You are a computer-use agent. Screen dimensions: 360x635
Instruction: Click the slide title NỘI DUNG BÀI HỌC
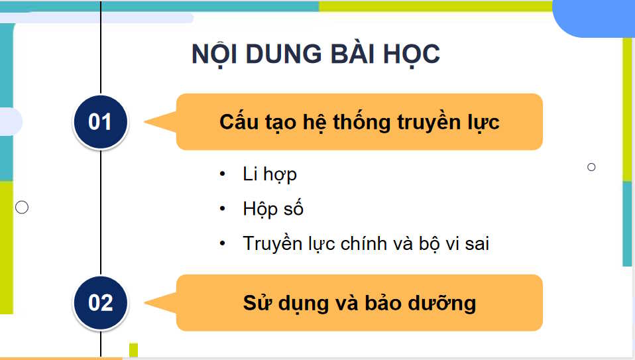coord(316,54)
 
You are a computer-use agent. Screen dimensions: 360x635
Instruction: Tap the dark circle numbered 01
coord(100,122)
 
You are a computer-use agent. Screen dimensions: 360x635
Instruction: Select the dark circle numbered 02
coord(100,303)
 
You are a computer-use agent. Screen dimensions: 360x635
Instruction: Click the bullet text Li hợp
coord(270,174)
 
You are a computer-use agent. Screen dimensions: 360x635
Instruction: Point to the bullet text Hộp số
coord(273,209)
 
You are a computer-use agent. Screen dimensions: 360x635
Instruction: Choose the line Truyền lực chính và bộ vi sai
coord(366,243)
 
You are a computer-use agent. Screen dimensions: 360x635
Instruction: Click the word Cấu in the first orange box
coord(237,123)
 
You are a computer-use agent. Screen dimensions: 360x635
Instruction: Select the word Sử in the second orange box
coord(254,303)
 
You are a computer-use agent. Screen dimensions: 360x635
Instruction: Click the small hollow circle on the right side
coord(591,167)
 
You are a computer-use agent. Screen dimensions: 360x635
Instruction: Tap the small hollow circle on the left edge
coord(22,208)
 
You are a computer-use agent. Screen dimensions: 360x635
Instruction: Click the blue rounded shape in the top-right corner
coord(597,17)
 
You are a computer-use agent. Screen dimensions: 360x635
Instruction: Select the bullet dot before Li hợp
coord(223,174)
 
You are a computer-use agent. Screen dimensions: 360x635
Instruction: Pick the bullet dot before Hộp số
coord(223,209)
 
